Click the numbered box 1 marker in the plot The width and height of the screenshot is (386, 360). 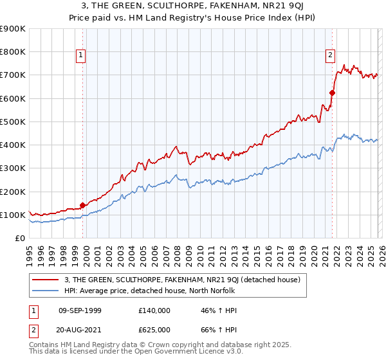[81, 56]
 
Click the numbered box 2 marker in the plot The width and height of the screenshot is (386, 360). [330, 56]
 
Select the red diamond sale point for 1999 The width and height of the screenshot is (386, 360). [82, 206]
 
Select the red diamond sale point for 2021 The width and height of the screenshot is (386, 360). [332, 93]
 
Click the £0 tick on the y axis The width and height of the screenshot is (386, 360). [19, 239]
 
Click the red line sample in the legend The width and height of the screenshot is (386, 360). [45, 280]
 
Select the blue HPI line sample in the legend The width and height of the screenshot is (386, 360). [45, 291]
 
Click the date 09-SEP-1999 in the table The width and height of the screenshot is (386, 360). [79, 310]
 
